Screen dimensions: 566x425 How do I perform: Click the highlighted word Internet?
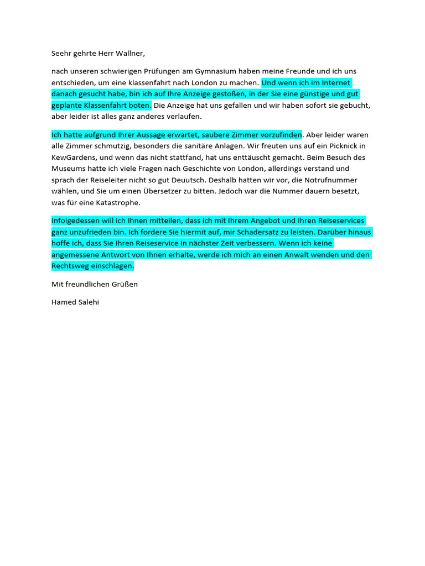point(334,83)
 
